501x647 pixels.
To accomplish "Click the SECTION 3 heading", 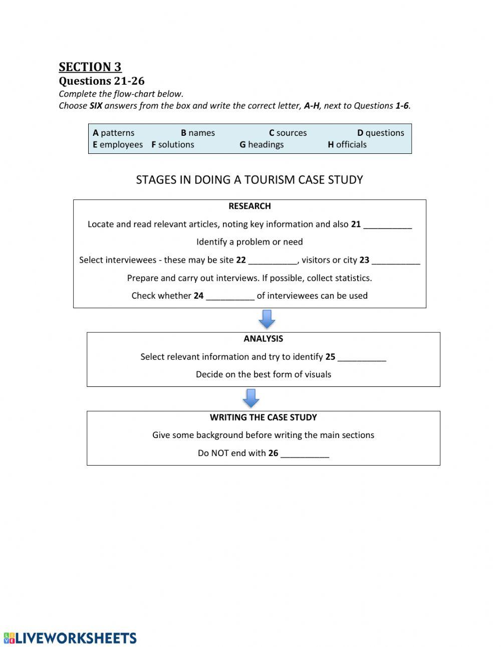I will tap(90, 67).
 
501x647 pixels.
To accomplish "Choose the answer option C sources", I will tap(288, 133).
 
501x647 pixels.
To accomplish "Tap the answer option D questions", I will tap(380, 133).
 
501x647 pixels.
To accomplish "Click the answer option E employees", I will tap(118, 144).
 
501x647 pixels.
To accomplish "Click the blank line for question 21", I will tap(387, 226).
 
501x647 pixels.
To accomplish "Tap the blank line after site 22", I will tap(273, 261).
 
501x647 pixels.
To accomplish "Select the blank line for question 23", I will tap(396, 261).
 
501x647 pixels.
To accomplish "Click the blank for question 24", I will tap(230, 297).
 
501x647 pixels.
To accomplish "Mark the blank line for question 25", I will tap(362, 358).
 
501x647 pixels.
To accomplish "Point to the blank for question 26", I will tap(305, 454).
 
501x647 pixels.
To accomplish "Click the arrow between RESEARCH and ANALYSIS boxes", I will tap(267, 319).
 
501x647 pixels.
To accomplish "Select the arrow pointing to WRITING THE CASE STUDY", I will tap(251, 398).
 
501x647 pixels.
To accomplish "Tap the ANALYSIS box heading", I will tap(263, 339).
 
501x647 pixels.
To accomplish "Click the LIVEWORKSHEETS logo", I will tap(70, 637).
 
